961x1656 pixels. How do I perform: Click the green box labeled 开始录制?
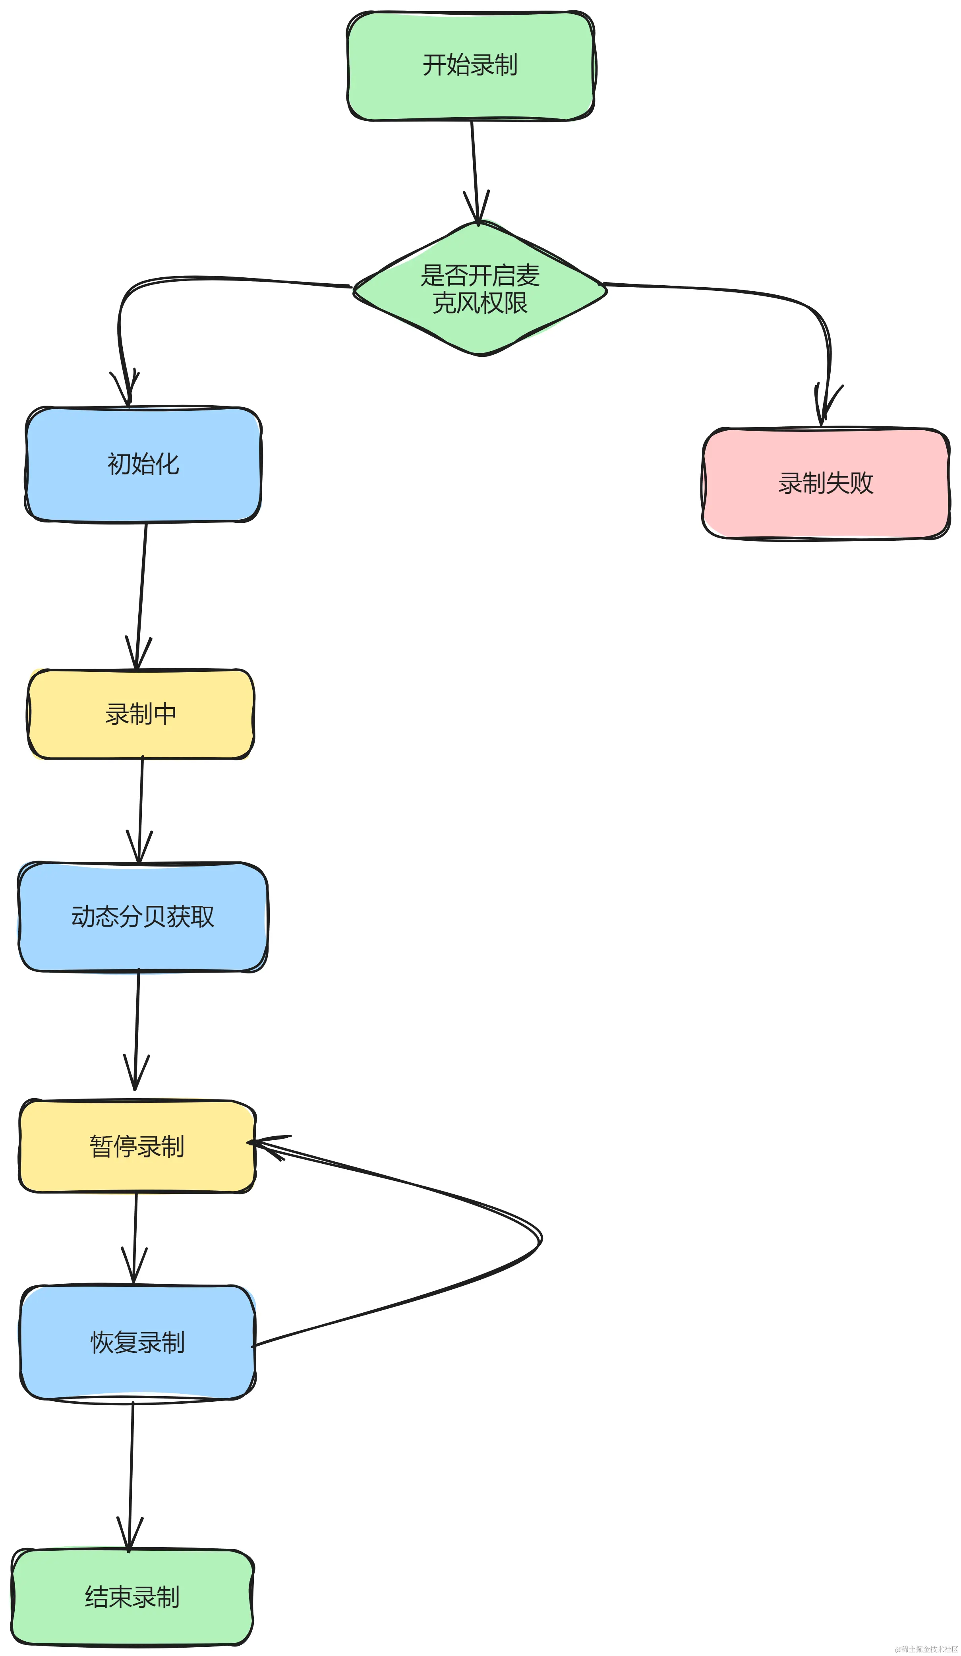[470, 66]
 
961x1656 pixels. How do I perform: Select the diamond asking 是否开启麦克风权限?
[480, 289]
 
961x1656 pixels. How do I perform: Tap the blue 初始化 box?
[143, 464]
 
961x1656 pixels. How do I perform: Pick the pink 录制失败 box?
[826, 483]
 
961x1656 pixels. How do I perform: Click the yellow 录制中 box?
[141, 714]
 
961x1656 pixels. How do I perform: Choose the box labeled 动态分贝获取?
[143, 916]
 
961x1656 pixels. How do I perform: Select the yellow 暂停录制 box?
[137, 1147]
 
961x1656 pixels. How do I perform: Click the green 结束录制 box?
[132, 1597]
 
